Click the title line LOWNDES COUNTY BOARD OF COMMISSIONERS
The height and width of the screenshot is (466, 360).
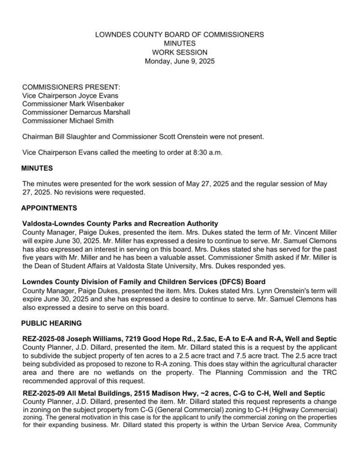(x=179, y=35)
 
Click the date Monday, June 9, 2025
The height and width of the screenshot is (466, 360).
(x=179, y=61)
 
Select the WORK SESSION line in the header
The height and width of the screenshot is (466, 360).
(x=179, y=52)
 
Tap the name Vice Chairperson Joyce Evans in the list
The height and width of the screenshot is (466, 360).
(x=70, y=95)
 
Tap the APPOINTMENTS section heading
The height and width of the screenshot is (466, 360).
(x=50, y=208)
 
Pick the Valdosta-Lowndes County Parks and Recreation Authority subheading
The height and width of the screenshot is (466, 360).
(x=120, y=223)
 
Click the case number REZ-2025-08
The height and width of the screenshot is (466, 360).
(x=46, y=339)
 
